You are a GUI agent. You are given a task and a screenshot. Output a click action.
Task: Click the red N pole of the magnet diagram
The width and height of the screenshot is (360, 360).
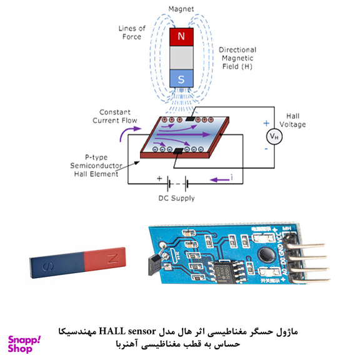[x=181, y=37]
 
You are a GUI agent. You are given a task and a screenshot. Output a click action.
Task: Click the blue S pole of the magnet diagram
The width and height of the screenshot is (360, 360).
[x=181, y=78]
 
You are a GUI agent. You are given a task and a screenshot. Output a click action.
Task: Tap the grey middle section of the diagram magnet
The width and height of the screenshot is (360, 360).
[x=181, y=57]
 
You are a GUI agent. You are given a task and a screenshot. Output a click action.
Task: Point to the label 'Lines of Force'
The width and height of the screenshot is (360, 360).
[x=133, y=32]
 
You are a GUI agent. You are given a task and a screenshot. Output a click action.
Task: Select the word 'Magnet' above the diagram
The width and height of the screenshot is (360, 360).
[x=182, y=9]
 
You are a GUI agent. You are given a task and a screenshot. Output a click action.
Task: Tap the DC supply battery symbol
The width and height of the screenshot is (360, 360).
[x=177, y=183]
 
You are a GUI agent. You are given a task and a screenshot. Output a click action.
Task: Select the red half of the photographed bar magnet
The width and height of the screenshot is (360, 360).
[x=103, y=258]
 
